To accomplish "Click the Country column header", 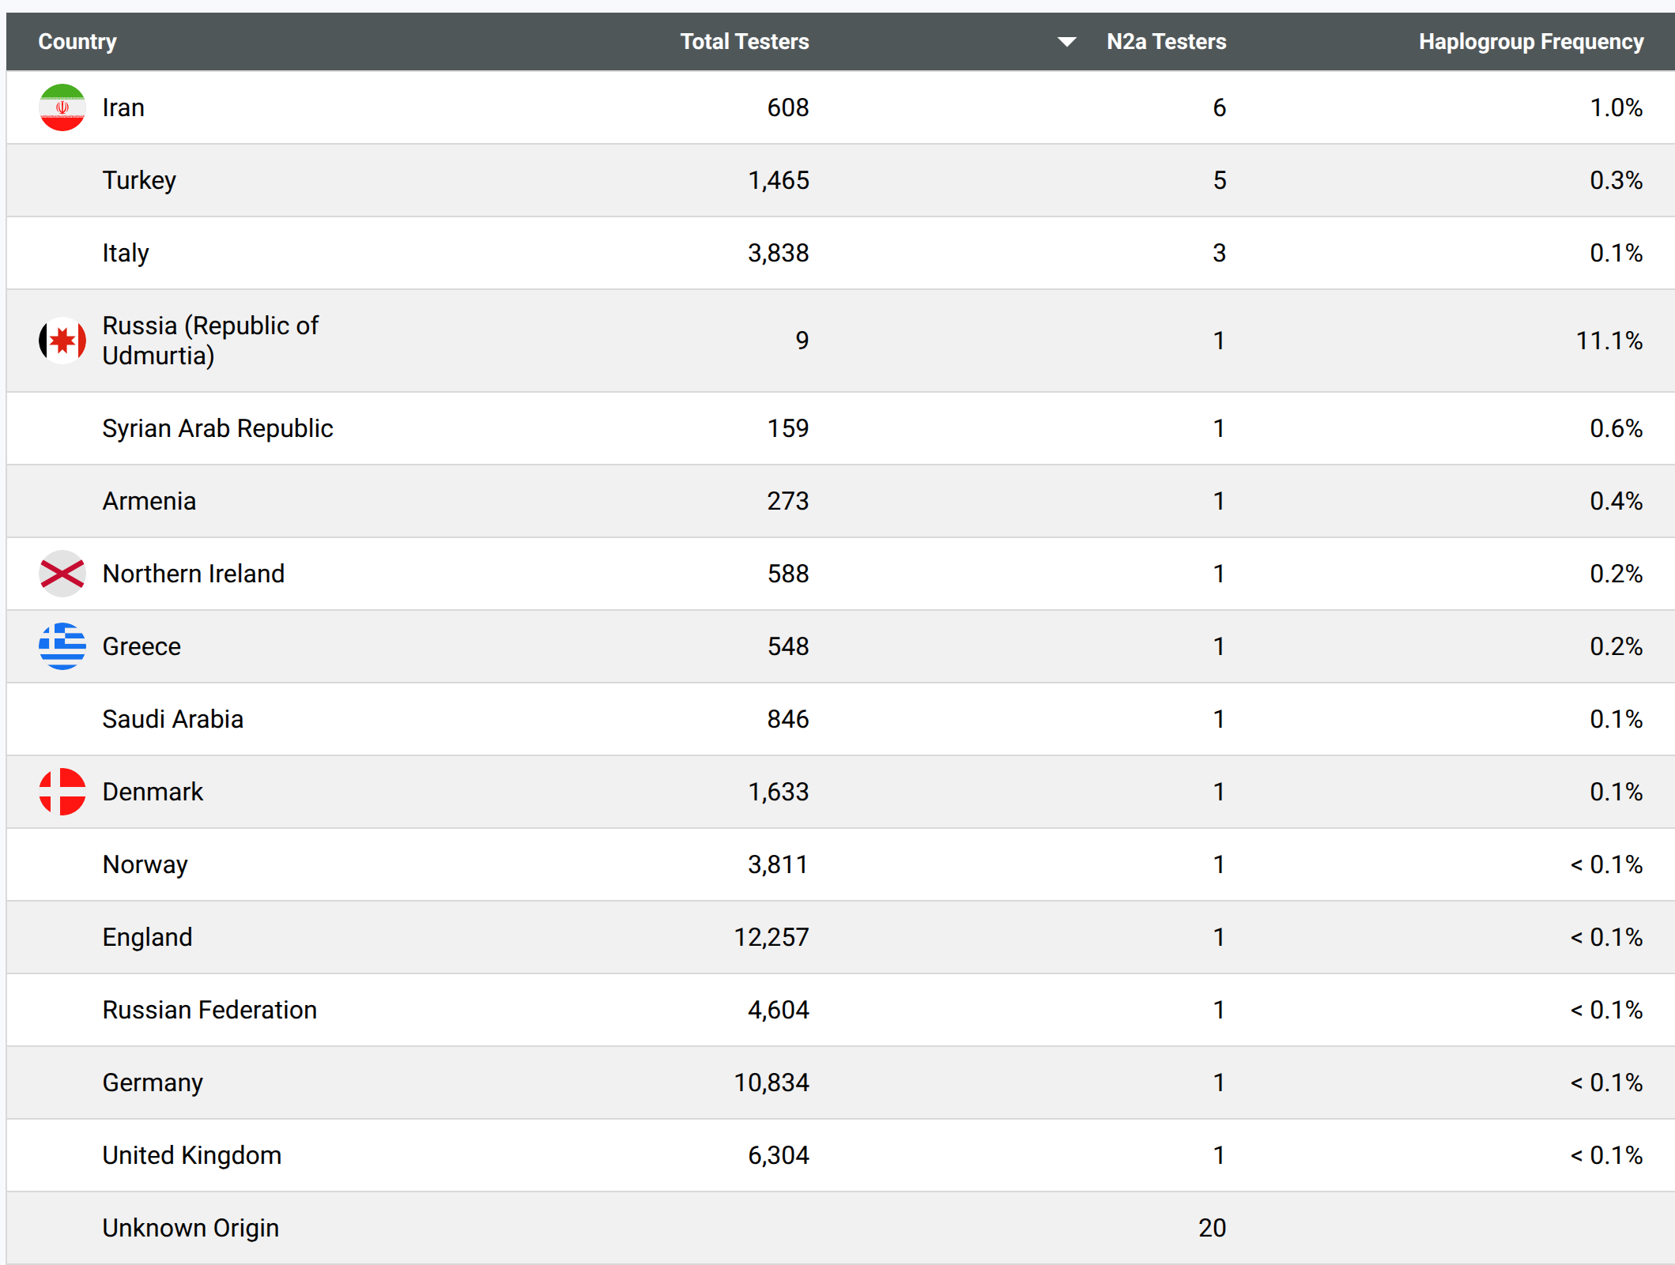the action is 77,42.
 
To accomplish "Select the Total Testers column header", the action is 745,42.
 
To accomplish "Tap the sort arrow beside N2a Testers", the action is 1066,42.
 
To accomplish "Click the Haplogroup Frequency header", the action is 1531,42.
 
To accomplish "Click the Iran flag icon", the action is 62,107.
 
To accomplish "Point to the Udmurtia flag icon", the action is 62,341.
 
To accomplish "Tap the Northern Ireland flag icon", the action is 62,574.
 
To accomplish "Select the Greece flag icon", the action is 62,646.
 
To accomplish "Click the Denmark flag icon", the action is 62,792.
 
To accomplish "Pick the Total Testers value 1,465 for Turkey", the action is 779,181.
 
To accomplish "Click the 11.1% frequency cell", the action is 1609,341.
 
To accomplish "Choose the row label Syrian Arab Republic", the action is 217,428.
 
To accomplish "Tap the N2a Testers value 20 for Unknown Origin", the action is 1212,1228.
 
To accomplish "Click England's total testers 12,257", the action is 771,938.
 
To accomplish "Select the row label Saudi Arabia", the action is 173,719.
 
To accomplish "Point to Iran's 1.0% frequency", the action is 1617,107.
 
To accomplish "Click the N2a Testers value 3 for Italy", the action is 1219,253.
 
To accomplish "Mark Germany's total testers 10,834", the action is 771,1083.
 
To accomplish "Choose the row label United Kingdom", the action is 192,1155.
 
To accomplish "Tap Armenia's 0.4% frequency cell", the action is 1617,501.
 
